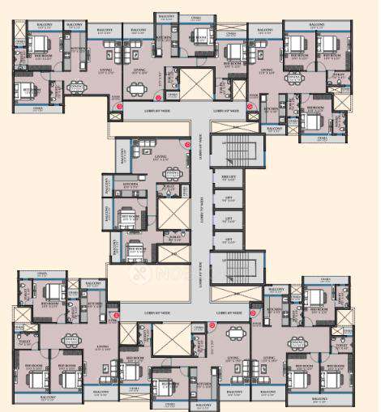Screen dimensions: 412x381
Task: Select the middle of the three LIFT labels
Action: click(x=229, y=219)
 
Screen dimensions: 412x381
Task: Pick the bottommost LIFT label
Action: click(x=229, y=240)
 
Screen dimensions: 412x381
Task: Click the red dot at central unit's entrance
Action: click(x=187, y=145)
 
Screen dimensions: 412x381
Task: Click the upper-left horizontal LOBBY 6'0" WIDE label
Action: click(x=157, y=110)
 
